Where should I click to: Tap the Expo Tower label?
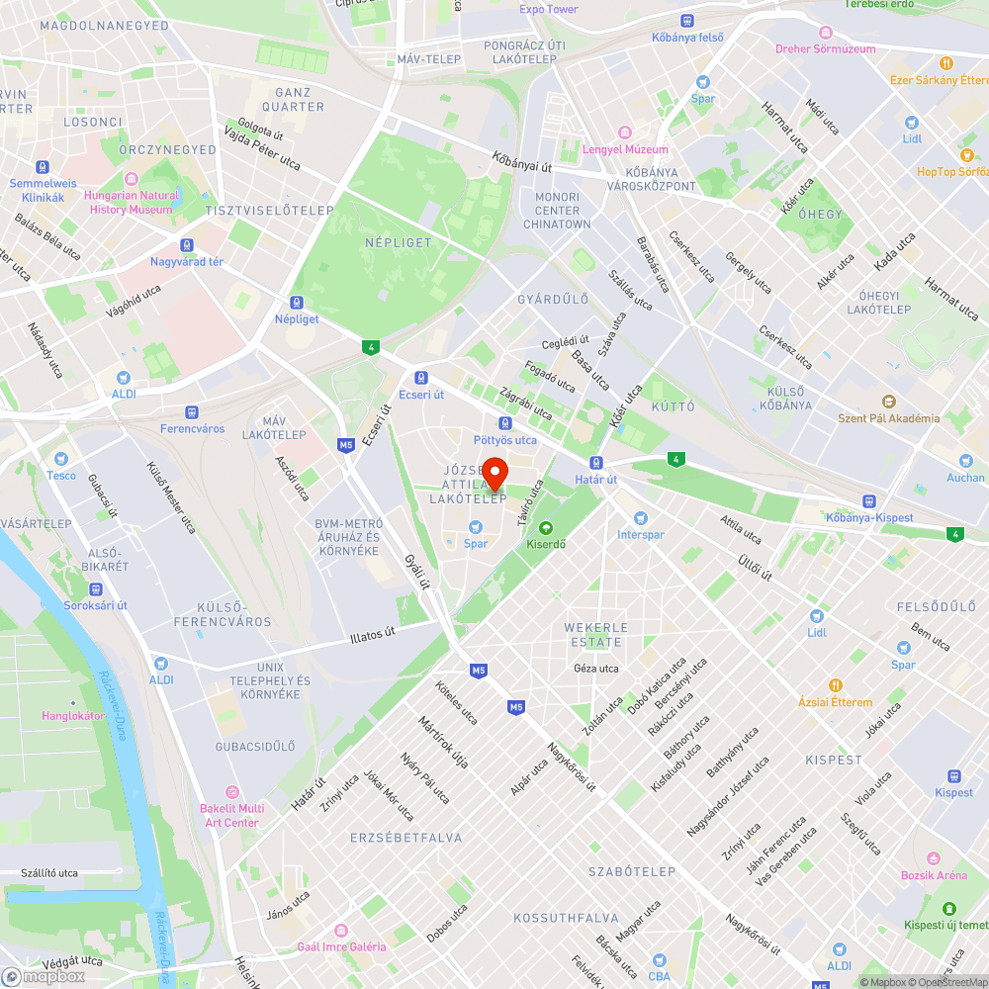[548, 10]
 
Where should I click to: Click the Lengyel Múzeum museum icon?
[625, 133]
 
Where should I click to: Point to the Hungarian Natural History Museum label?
[132, 203]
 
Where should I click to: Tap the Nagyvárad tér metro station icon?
[187, 245]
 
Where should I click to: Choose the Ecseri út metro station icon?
[421, 377]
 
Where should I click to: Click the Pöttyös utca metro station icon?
[504, 423]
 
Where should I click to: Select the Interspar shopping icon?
[640, 518]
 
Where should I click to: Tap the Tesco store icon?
[61, 459]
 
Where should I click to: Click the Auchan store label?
[965, 478]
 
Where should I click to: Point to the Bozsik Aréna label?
[933, 875]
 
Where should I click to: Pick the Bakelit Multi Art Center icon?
[232, 792]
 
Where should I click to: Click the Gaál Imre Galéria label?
[341, 946]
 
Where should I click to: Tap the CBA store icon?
[660, 959]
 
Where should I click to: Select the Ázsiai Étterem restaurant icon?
[836, 685]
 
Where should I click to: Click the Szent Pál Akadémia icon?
[888, 402]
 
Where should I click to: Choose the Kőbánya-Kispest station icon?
[869, 501]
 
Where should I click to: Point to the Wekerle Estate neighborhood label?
[593, 634]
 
